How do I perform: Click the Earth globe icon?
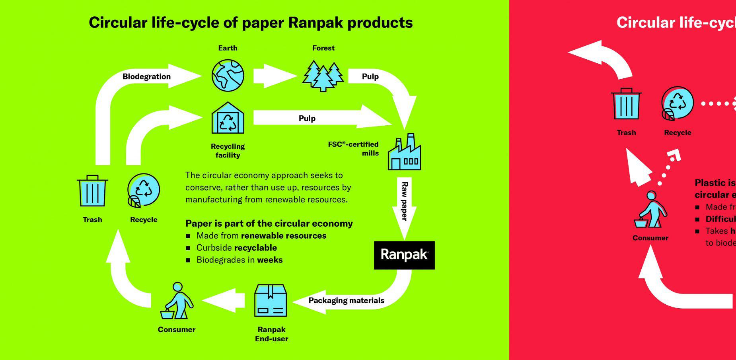pyautogui.click(x=228, y=76)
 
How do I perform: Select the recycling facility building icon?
pyautogui.click(x=228, y=118)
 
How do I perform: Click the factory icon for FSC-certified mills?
pyautogui.click(x=405, y=153)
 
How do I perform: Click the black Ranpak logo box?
pyautogui.click(x=404, y=255)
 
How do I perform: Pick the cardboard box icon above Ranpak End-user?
pyautogui.click(x=271, y=300)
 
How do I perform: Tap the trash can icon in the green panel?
pyautogui.click(x=92, y=191)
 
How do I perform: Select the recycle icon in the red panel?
pyautogui.click(x=678, y=104)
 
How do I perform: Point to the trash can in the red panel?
pyautogui.click(x=626, y=104)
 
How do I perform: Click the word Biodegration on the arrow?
pyautogui.click(x=146, y=77)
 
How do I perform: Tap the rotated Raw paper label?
pyautogui.click(x=405, y=201)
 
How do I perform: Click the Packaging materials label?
pyautogui.click(x=346, y=301)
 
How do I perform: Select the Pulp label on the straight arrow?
pyautogui.click(x=307, y=119)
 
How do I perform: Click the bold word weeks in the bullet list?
pyautogui.click(x=270, y=260)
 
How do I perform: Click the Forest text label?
pyautogui.click(x=323, y=48)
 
